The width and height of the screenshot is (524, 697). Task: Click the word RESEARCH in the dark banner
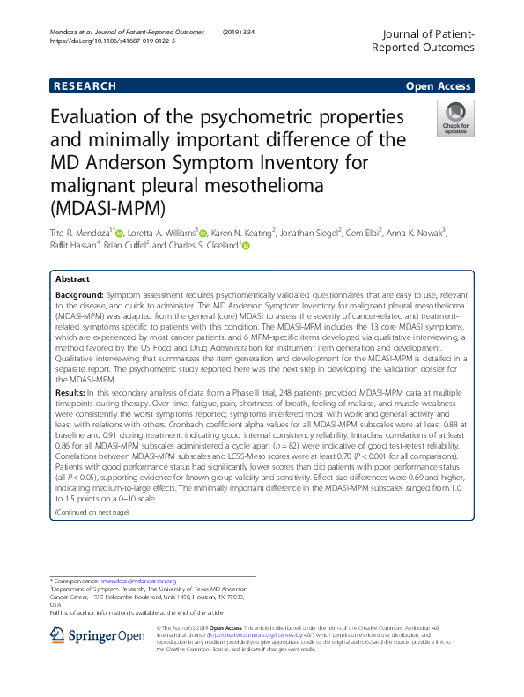85,86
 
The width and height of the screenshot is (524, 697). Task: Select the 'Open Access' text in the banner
440,86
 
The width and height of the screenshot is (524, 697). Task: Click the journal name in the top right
428,40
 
